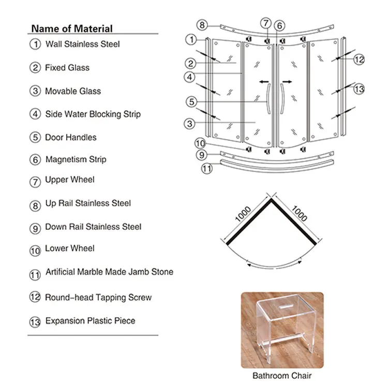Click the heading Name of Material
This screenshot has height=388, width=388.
click(x=71, y=28)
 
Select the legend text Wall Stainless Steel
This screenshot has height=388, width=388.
click(x=82, y=44)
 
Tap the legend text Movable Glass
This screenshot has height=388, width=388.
click(x=73, y=91)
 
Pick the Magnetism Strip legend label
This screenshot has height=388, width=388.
click(x=76, y=159)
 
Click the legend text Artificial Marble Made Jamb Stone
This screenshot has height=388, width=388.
click(x=109, y=272)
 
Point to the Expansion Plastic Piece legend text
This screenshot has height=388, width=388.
click(x=90, y=321)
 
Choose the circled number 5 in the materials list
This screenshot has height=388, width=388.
click(x=35, y=138)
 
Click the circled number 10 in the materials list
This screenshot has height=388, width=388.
click(x=35, y=250)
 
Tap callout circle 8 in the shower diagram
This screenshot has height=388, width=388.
click(x=203, y=25)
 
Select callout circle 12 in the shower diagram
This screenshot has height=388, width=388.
click(x=360, y=59)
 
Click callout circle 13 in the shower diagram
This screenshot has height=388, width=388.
click(x=360, y=89)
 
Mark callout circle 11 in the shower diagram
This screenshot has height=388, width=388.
click(x=207, y=168)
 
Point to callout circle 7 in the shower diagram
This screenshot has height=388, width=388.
click(x=265, y=23)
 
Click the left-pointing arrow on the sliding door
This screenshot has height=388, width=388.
click(x=264, y=82)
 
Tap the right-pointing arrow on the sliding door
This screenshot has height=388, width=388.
click(x=287, y=82)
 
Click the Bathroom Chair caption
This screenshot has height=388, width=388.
click(x=282, y=376)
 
